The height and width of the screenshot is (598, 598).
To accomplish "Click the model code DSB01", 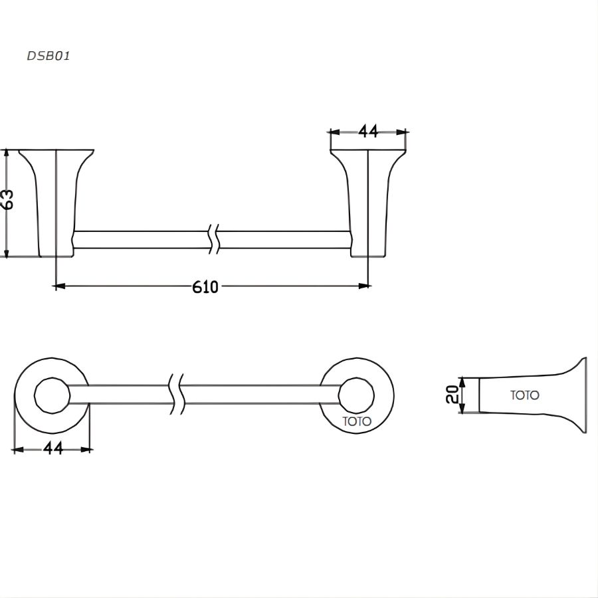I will coord(48,56).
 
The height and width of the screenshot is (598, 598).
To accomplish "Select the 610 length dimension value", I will coord(205,286).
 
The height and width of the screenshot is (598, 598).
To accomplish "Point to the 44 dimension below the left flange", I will coord(53,448).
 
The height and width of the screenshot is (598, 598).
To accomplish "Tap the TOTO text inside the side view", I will coord(525,395).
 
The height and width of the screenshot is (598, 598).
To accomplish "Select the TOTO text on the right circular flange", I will coord(357,421).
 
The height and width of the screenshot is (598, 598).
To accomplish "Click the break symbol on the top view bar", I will coord(213,240).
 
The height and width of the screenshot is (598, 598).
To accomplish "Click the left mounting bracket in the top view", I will coord(56,199).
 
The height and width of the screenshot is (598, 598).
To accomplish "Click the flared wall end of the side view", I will coord(581,395).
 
